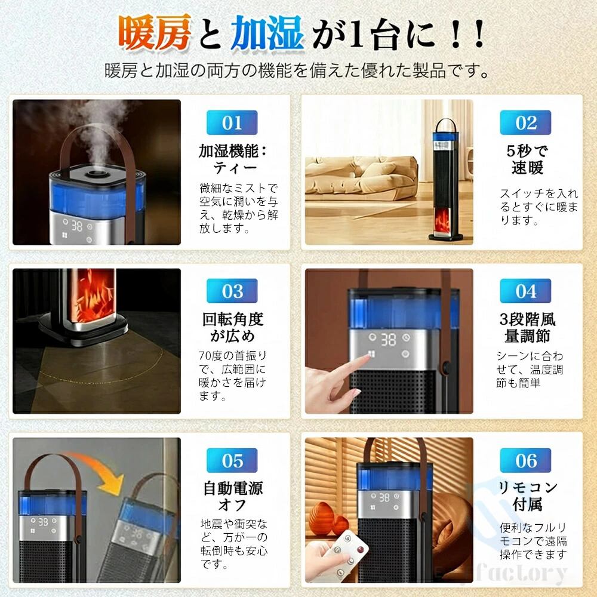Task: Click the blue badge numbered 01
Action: [232, 122]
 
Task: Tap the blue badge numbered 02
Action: [525, 122]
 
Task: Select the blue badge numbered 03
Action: [232, 291]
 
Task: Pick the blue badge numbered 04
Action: [525, 291]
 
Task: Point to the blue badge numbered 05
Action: [232, 460]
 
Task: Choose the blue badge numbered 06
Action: [525, 460]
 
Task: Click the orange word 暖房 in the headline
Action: [155, 33]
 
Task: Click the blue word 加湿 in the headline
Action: [267, 33]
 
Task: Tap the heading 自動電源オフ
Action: [233, 497]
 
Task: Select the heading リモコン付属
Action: [528, 496]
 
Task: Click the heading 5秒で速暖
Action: [527, 159]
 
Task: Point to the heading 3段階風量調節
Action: [527, 328]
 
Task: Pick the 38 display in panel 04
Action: [388, 340]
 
